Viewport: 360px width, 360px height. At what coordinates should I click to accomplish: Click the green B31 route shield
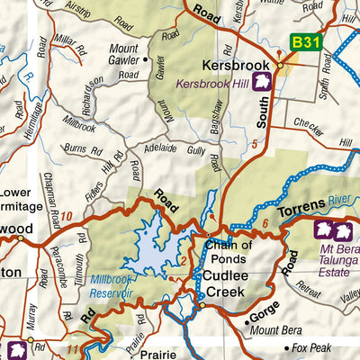(x=303, y=41)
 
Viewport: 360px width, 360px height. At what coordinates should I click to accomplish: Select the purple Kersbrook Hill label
(x=213, y=84)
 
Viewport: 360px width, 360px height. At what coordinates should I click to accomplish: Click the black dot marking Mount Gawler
(x=146, y=59)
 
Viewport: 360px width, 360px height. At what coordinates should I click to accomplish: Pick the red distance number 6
(x=265, y=221)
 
